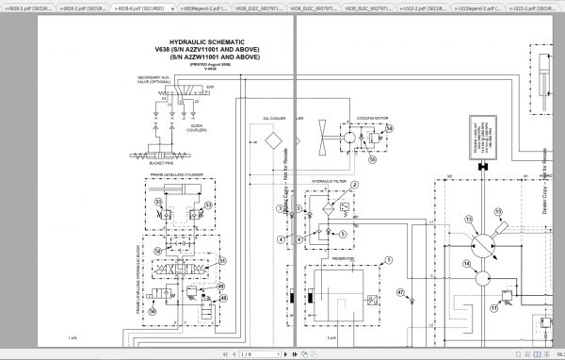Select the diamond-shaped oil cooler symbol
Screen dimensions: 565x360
click(x=275, y=139)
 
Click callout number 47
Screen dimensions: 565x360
click(x=399, y=294)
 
